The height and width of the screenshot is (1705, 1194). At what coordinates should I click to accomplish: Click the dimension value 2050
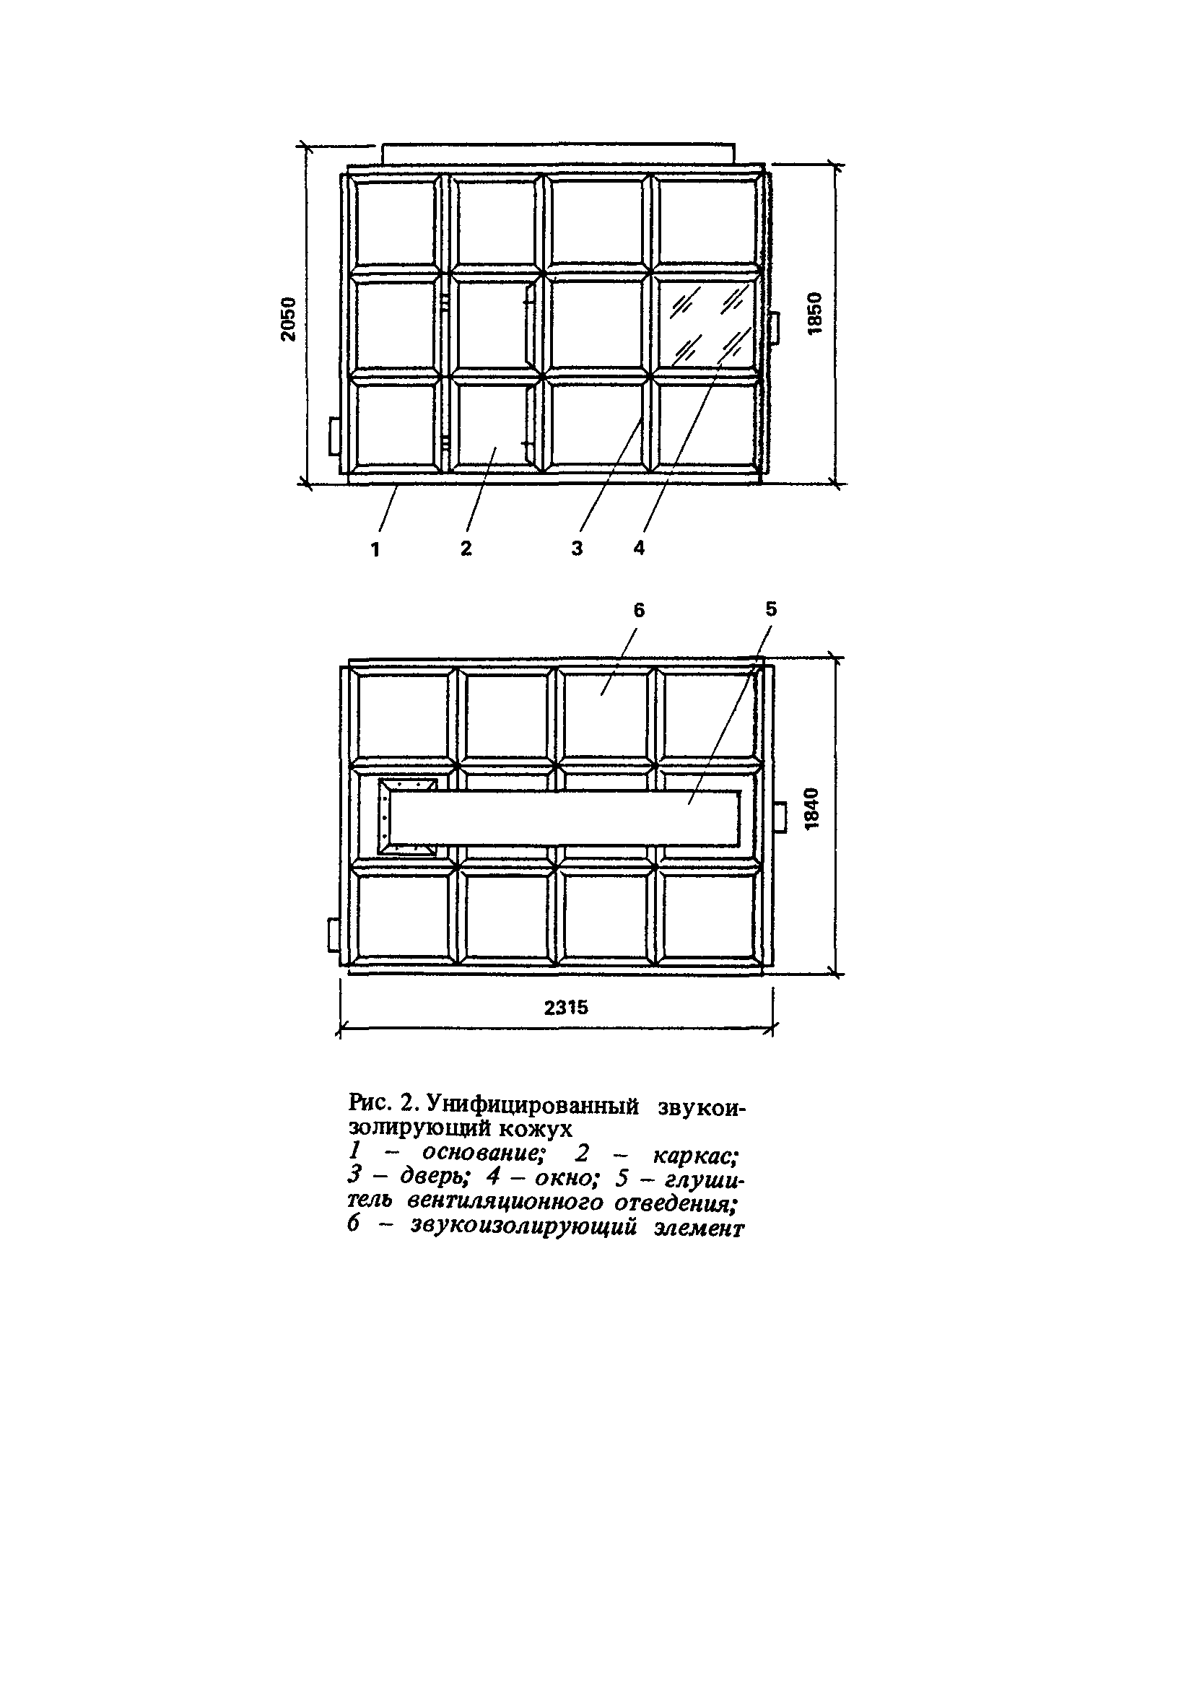coord(288,318)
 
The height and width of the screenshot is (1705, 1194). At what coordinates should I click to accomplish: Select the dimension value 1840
coord(812,807)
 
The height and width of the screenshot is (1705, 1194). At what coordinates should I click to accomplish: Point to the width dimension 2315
coord(566,1007)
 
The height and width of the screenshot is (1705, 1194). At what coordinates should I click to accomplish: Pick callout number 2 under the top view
coord(466,548)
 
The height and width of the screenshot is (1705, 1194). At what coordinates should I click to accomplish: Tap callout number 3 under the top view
coord(577,548)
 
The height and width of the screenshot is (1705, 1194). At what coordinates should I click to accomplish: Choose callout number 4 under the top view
coord(640,548)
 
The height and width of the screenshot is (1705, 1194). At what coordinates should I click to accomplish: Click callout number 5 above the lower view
coord(771,609)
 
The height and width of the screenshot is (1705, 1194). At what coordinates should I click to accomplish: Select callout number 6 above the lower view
coord(640,610)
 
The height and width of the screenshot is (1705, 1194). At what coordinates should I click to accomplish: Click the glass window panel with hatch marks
coord(707,326)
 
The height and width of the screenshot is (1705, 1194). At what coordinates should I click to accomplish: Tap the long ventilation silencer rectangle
coord(565,818)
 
